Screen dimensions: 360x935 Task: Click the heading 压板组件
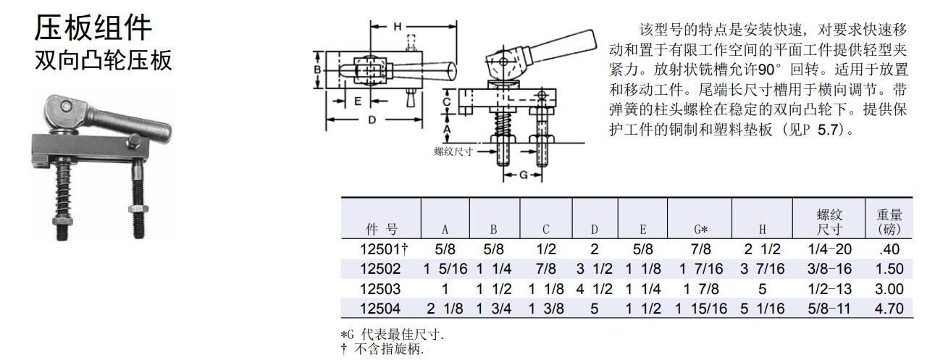93,28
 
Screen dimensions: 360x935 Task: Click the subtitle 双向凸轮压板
104,60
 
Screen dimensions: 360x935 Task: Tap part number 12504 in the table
380,309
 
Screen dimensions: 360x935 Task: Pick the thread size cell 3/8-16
829,269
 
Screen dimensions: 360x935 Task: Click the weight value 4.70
889,309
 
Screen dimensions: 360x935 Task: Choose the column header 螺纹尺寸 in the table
829,222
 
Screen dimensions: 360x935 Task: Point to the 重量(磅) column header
889,222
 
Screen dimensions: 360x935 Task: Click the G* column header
700,230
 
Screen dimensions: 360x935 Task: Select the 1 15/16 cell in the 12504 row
701,309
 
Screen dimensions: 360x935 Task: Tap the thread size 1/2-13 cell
829,288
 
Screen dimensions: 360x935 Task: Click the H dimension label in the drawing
397,26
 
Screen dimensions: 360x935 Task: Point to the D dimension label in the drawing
372,120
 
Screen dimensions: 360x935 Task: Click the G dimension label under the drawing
521,176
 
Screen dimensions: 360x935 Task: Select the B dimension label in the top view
317,69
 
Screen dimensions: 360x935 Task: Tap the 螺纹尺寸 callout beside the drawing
453,151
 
